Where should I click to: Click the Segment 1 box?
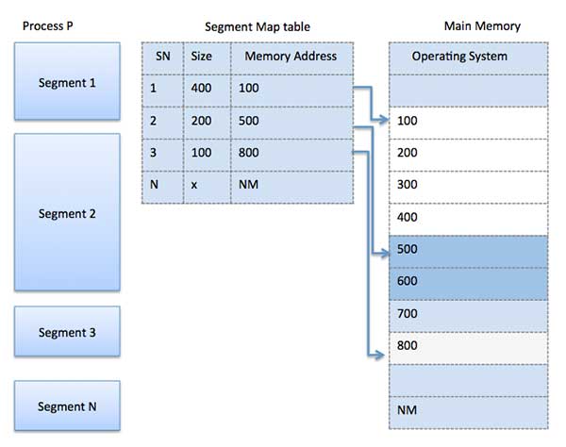coord(67,82)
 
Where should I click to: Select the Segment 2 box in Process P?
coord(67,212)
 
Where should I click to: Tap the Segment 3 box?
coord(67,332)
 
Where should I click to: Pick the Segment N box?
coord(67,406)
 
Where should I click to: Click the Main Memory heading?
coord(481,25)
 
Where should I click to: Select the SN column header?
coord(161,56)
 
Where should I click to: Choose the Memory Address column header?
coord(291,56)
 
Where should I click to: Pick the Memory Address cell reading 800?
coord(291,154)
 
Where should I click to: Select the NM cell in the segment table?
coord(291,186)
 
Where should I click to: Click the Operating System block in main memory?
coord(467,57)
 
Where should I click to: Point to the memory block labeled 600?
coord(467,282)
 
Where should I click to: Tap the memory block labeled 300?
coord(467,185)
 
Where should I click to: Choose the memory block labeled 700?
coord(467,314)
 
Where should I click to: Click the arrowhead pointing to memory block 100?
coord(383,121)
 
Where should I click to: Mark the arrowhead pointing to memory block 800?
coord(381,355)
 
